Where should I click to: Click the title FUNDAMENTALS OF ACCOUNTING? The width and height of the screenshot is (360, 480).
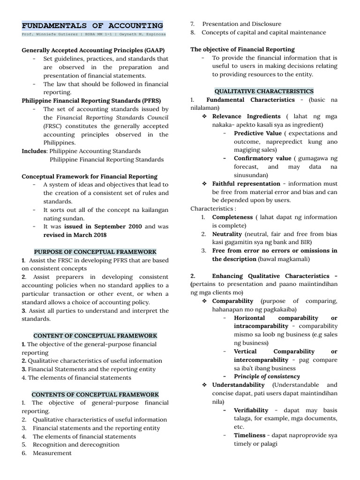point(92,25)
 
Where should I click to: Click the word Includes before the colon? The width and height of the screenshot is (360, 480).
point(34,151)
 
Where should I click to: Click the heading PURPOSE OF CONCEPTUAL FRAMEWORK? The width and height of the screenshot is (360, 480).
point(95,252)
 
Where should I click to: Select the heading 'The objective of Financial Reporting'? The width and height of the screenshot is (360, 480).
point(242,49)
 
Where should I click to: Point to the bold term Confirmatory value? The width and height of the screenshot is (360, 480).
point(262,158)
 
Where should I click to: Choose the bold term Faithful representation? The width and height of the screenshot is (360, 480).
point(246,184)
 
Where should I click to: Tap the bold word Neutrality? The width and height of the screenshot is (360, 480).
point(227,233)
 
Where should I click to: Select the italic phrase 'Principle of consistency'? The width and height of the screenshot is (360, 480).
point(267,376)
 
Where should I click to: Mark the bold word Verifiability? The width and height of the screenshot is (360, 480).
point(251,410)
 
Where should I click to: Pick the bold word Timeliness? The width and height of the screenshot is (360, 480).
point(249,435)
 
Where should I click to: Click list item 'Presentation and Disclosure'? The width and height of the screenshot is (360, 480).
point(241,24)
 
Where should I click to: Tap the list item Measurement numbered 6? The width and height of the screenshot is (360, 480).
point(52,453)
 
